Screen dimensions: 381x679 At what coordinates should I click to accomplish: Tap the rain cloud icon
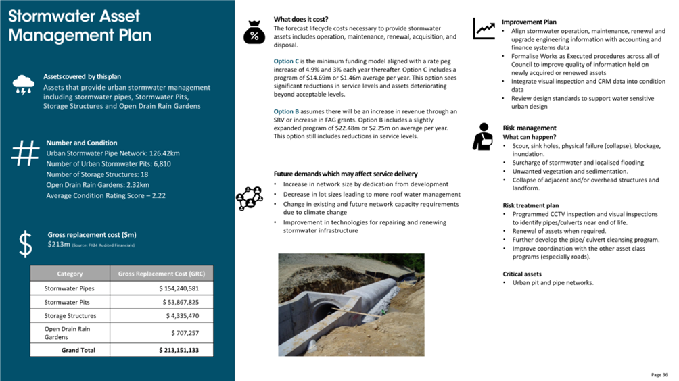coord(24,85)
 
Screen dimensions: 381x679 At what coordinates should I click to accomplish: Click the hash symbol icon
coord(24,153)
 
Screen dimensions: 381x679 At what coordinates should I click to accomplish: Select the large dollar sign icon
coord(25,244)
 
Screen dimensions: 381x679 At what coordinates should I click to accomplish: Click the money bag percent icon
coord(254,32)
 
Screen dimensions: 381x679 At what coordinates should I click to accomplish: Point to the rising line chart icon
coord(484,28)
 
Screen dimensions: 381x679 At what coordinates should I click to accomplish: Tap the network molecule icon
coord(249,197)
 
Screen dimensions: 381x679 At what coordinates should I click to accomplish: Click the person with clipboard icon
coord(483,136)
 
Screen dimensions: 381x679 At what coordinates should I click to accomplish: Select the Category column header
coord(70,274)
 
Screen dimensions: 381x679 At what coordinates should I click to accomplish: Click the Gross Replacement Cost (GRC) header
coord(161,274)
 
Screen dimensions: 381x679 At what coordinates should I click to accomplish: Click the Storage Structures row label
coord(70,316)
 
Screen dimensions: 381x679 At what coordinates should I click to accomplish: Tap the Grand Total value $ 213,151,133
coord(179,350)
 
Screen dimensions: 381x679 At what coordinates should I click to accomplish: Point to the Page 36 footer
coord(659,374)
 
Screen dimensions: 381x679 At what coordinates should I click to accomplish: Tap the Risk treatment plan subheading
coord(531,205)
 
